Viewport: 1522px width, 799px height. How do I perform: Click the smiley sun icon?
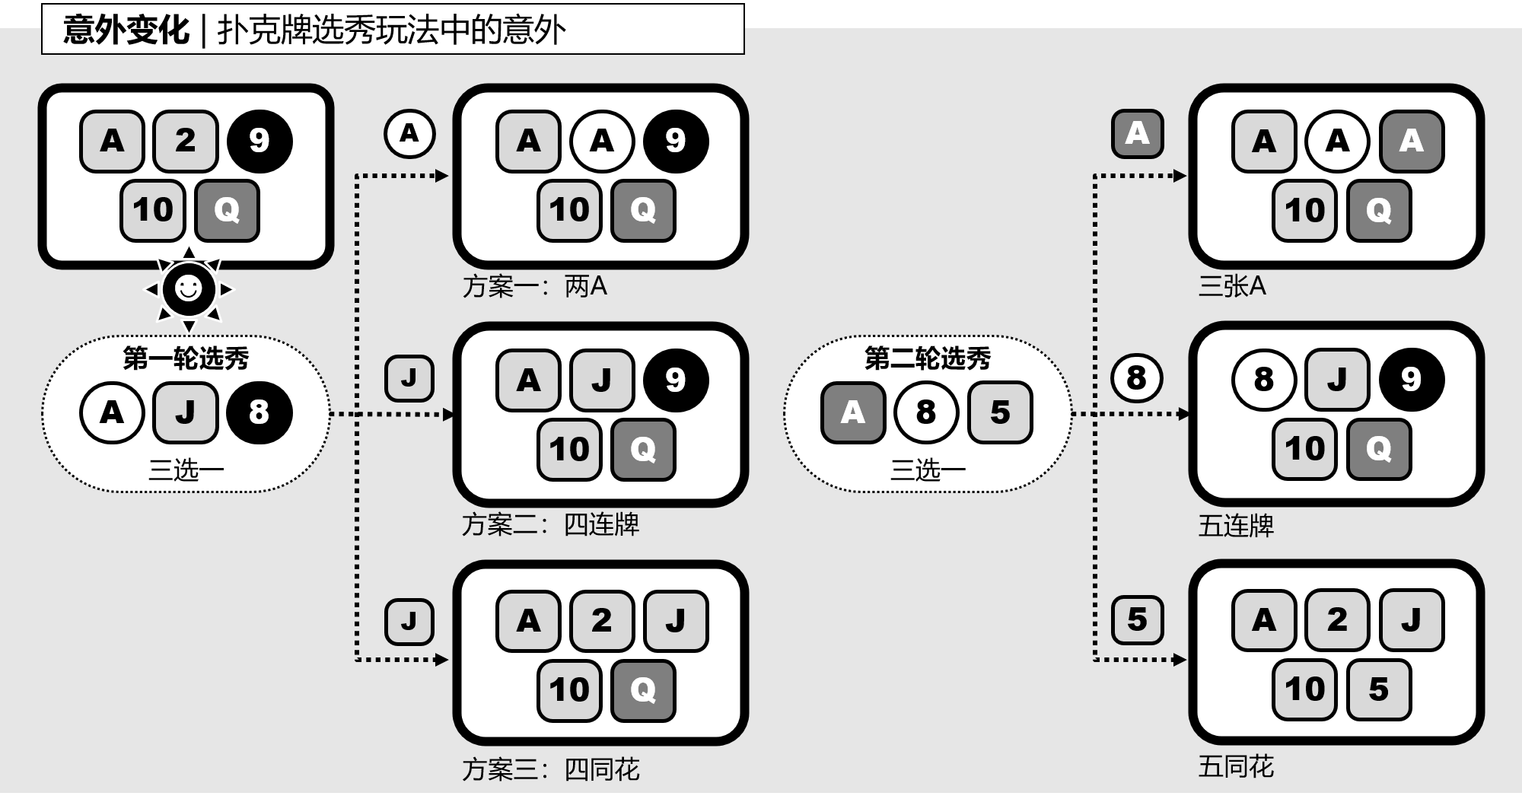[x=189, y=289]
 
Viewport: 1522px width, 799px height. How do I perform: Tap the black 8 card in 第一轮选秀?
[x=259, y=412]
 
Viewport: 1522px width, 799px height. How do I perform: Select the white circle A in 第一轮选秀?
[x=112, y=412]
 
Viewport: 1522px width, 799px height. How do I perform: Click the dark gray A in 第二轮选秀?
[x=852, y=412]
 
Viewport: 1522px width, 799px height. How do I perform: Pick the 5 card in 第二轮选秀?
[x=1000, y=412]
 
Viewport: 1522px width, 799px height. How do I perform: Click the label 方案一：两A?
[x=534, y=287]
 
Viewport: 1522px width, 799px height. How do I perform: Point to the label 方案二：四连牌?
[x=550, y=525]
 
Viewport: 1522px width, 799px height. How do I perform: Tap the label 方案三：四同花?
[x=550, y=769]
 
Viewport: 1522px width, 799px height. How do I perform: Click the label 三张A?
[x=1232, y=286]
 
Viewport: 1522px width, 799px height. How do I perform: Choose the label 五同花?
[x=1236, y=766]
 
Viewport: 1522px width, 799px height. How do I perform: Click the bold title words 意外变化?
[x=126, y=30]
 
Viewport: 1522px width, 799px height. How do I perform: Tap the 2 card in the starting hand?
[x=185, y=141]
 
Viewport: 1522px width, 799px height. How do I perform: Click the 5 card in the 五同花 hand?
[x=1378, y=689]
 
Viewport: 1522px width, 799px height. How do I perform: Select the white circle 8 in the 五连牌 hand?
[x=1263, y=379]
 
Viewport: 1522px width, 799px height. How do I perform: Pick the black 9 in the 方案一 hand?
[x=675, y=141]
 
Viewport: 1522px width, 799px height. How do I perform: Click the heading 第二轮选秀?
[x=928, y=358]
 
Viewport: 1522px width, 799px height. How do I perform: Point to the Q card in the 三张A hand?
[x=1378, y=210]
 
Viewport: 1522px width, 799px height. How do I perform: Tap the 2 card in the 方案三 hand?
[x=601, y=621]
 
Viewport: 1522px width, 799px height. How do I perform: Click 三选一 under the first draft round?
[x=186, y=470]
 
